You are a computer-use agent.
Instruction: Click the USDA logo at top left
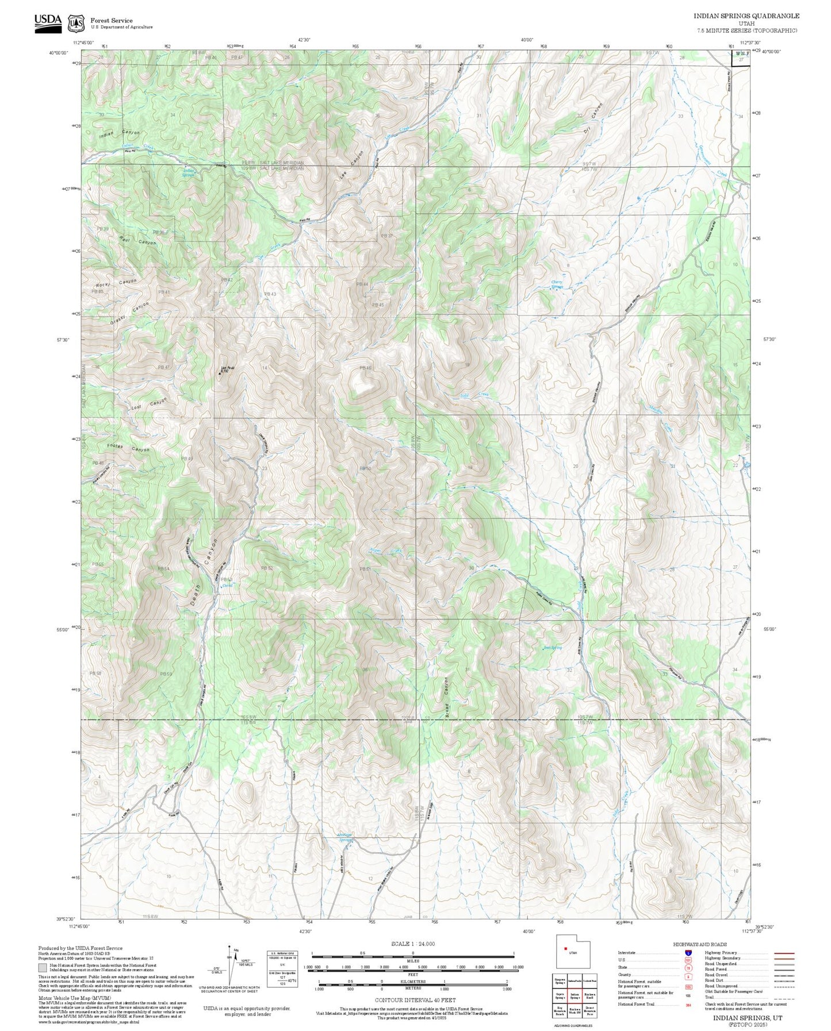[x=48, y=22]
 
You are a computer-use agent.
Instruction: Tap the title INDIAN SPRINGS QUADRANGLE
[x=746, y=16]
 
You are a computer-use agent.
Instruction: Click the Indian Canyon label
[x=119, y=134]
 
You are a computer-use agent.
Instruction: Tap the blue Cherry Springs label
[x=557, y=284]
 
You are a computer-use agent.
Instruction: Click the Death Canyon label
[x=204, y=571]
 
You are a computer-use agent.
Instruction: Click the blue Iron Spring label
[x=552, y=648]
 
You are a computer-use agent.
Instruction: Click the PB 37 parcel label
[x=386, y=236]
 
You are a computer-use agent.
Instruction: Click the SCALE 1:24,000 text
[x=412, y=944]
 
